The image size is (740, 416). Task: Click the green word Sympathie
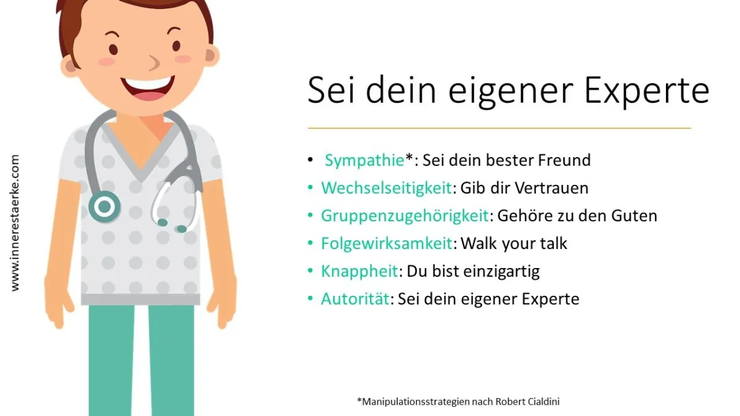click(x=364, y=161)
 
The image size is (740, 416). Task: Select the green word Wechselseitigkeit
click(x=387, y=188)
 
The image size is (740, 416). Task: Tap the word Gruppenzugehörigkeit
click(x=405, y=216)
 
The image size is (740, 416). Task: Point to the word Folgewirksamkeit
click(x=387, y=244)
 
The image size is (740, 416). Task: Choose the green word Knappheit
click(x=360, y=272)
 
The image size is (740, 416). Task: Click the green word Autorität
click(x=355, y=299)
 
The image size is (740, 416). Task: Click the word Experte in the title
click(x=646, y=91)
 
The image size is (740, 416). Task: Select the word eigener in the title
click(x=510, y=93)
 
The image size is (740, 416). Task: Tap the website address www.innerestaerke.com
click(x=15, y=223)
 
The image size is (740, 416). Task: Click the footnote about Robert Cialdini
click(x=458, y=401)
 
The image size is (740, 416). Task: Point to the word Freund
click(x=564, y=160)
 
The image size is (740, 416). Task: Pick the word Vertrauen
click(x=551, y=188)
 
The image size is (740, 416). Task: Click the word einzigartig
click(x=501, y=272)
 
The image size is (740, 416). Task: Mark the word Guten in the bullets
click(x=634, y=216)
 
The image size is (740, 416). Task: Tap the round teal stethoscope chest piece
click(x=104, y=206)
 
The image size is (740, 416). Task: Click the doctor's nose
click(x=154, y=63)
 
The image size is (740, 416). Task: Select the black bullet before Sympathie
click(x=310, y=160)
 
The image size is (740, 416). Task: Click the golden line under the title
click(x=499, y=128)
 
